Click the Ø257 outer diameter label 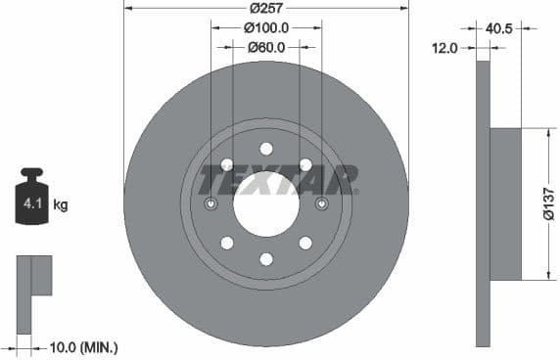click(265, 7)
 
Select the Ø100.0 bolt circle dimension click(266, 27)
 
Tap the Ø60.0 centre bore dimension click(265, 46)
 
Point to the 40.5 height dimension click(499, 28)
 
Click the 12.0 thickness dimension click(445, 46)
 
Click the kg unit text click(61, 205)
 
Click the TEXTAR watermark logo click(279, 179)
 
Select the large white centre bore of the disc click(265, 203)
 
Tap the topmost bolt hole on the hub click(266, 149)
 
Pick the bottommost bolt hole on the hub click(266, 258)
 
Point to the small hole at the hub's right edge click(321, 203)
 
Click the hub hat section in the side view click(504, 203)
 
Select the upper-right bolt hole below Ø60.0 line click(304, 164)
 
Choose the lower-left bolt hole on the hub click(227, 243)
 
